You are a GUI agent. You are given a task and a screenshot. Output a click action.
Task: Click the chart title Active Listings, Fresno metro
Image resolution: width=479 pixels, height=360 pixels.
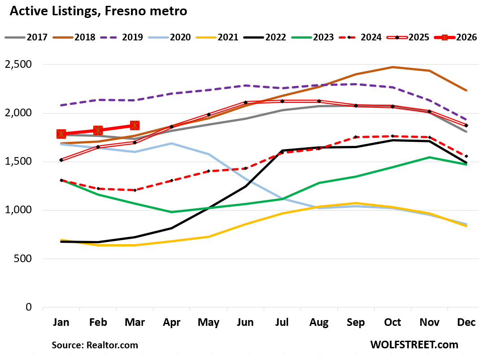(98, 11)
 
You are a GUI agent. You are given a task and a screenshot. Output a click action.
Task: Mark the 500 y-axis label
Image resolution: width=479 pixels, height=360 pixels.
(23, 259)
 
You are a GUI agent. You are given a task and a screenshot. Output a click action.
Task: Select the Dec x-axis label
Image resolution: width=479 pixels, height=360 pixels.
(466, 322)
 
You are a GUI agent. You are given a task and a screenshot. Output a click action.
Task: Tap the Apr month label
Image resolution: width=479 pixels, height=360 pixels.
(172, 322)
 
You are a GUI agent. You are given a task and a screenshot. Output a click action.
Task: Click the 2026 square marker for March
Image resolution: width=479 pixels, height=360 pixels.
(135, 126)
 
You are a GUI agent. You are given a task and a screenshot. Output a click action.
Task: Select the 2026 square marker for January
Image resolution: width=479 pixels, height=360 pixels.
(61, 134)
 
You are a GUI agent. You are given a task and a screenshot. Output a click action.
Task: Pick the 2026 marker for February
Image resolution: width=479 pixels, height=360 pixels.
(98, 130)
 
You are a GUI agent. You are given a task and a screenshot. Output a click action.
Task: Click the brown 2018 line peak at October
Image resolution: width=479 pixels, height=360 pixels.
(392, 67)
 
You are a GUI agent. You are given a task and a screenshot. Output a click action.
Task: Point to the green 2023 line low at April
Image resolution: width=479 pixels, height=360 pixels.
(172, 212)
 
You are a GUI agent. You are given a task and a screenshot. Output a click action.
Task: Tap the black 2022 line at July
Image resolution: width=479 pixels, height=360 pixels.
(282, 150)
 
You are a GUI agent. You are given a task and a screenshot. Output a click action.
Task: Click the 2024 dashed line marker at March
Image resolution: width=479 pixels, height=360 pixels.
(135, 190)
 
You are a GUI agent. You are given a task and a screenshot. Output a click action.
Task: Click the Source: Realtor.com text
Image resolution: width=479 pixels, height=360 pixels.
(95, 345)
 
